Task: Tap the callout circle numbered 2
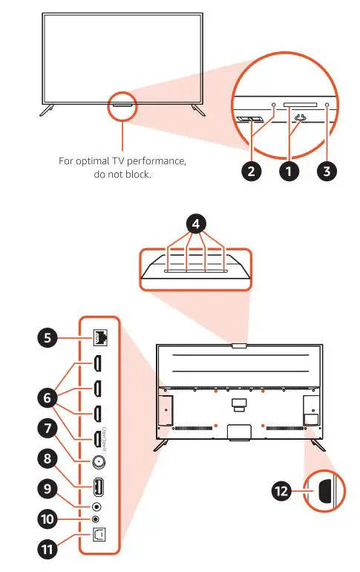(252, 170)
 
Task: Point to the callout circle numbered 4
(195, 222)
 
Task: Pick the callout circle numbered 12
(281, 492)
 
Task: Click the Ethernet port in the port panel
(99, 339)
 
